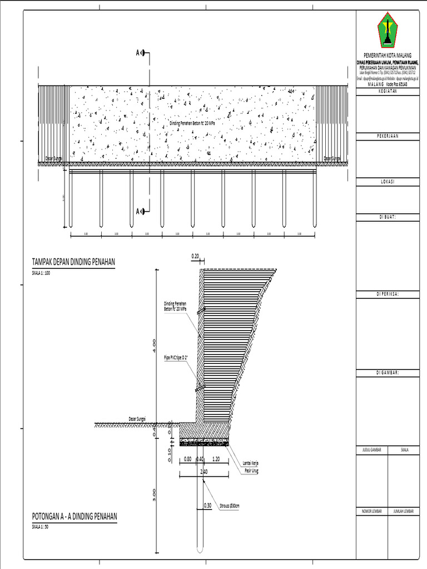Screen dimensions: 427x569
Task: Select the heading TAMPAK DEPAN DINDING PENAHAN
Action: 74,263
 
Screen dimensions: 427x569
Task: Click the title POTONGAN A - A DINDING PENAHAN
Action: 75,516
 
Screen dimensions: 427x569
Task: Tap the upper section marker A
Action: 138,53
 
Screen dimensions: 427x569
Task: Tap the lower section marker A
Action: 138,211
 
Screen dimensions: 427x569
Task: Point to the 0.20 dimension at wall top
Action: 195,256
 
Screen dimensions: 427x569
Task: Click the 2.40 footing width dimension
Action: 203,472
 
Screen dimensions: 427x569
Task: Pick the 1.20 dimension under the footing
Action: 216,460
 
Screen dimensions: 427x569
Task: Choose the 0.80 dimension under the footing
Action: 187,460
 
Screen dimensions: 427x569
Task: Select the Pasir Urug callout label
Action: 251,471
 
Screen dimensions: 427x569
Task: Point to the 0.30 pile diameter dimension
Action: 207,505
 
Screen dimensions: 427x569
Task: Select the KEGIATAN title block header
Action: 390,92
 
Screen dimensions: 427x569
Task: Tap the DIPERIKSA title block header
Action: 390,294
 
